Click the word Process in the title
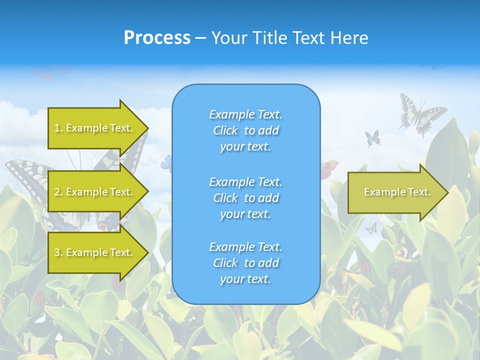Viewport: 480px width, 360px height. [x=157, y=38]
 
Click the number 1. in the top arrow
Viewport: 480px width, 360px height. [x=58, y=128]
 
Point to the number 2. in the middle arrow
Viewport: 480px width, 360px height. [x=58, y=192]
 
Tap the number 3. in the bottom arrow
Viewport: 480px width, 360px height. [x=58, y=252]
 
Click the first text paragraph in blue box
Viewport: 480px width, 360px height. [x=246, y=130]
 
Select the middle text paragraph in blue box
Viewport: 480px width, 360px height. [x=246, y=198]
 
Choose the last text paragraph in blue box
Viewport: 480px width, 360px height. [x=246, y=263]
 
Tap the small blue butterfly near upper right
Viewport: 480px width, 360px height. [x=372, y=138]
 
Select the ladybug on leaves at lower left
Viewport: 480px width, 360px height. [x=39, y=298]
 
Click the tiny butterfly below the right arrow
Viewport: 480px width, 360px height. [x=370, y=228]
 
